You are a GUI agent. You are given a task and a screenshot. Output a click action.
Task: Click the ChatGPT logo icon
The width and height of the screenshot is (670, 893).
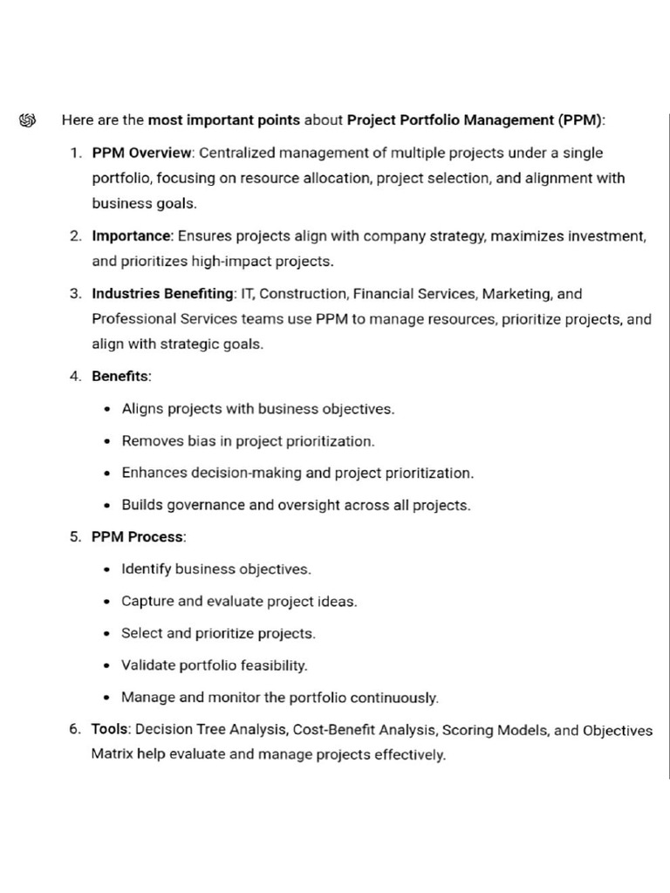pos(26,120)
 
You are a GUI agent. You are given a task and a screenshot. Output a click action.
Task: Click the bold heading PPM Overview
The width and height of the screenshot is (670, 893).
pos(141,153)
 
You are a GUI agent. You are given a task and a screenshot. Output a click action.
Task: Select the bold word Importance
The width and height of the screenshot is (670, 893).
pos(133,235)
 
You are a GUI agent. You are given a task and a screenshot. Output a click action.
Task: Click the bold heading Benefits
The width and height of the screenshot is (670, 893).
pos(120,377)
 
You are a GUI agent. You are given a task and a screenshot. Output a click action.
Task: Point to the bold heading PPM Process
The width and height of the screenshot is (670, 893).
pos(138,537)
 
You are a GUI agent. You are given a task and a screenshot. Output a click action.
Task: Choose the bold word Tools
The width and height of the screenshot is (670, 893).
pos(110,730)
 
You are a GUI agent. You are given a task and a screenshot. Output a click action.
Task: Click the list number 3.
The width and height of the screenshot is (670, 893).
pos(75,294)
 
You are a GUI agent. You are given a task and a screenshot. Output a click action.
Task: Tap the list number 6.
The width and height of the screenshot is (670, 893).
pos(75,730)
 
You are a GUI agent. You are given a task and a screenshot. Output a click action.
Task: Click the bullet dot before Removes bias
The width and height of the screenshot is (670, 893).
pos(106,442)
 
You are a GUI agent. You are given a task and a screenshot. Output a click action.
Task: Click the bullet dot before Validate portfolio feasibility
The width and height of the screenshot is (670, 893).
pos(106,666)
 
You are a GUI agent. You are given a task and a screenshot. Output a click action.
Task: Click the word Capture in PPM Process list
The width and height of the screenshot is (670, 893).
pos(147,602)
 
